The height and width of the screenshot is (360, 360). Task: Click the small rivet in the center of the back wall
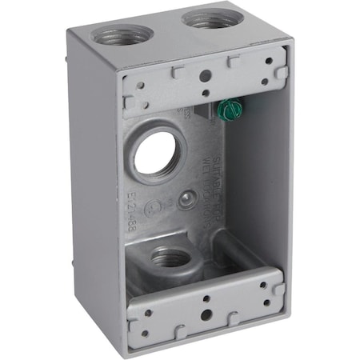[x=186, y=199]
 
